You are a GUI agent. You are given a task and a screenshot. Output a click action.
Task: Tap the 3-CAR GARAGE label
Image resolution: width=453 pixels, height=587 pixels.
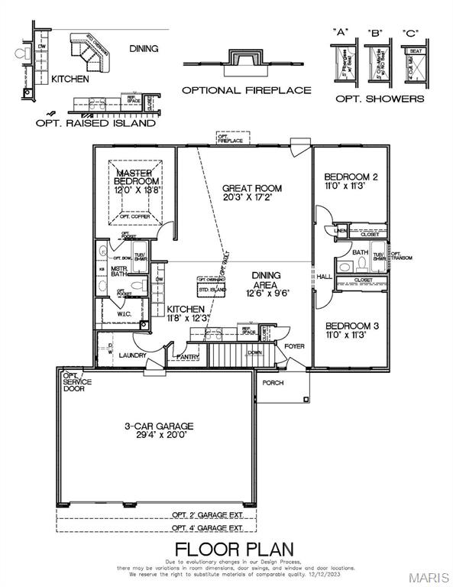tap(160, 426)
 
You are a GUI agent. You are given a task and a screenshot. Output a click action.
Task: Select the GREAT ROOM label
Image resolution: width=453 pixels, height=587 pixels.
tap(251, 187)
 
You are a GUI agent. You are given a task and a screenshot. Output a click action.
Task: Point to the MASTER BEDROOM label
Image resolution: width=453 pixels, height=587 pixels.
tap(137, 176)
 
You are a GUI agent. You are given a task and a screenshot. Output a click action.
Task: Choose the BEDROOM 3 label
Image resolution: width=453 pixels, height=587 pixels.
tap(350, 325)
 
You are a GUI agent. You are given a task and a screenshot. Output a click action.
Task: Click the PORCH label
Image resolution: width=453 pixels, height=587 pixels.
tap(273, 382)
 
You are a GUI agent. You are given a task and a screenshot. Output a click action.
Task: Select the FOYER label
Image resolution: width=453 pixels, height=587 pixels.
tap(295, 345)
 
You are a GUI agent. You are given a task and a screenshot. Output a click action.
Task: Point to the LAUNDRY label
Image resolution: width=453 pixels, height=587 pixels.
tap(133, 355)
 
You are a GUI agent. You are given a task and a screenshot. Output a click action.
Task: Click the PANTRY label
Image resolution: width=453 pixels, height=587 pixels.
tap(187, 357)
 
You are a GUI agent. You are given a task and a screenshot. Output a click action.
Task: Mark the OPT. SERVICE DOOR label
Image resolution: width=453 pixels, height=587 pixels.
tap(77, 381)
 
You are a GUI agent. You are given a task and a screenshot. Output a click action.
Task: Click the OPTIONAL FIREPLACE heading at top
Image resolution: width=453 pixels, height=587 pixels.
tap(246, 90)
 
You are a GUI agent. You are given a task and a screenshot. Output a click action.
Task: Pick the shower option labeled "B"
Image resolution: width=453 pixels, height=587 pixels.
tap(374, 61)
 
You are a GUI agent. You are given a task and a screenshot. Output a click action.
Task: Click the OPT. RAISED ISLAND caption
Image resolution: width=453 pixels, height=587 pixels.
tap(96, 123)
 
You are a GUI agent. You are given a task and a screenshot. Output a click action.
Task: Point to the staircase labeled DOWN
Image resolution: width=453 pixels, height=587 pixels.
tap(233, 354)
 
